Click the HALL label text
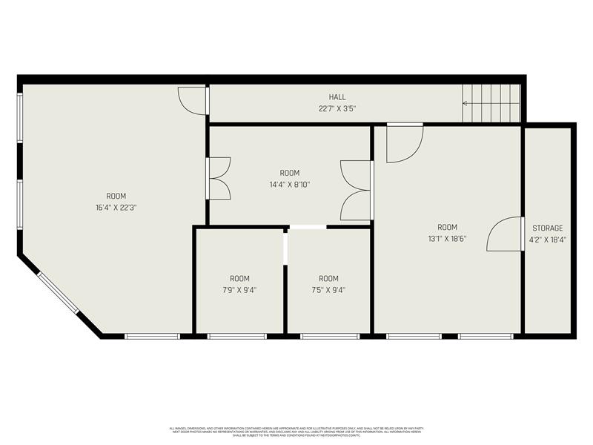[x=337, y=97]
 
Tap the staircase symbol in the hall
[x=491, y=103]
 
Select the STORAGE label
[x=548, y=228]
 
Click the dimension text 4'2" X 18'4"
[x=548, y=240]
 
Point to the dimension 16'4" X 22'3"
[x=111, y=208]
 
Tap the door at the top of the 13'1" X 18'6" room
[x=404, y=142]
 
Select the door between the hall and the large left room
[x=193, y=101]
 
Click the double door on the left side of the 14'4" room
[x=219, y=179]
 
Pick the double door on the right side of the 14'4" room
[x=357, y=190]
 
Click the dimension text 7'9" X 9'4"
[x=239, y=290]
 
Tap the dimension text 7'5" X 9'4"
[x=328, y=290]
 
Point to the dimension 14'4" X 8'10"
[x=290, y=184]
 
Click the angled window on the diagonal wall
[x=57, y=293]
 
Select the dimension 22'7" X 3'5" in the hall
[x=337, y=108]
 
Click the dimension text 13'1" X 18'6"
[x=447, y=239]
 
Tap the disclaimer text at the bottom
[x=296, y=431]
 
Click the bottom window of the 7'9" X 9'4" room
[x=236, y=336]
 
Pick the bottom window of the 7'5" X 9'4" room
[x=329, y=336]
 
